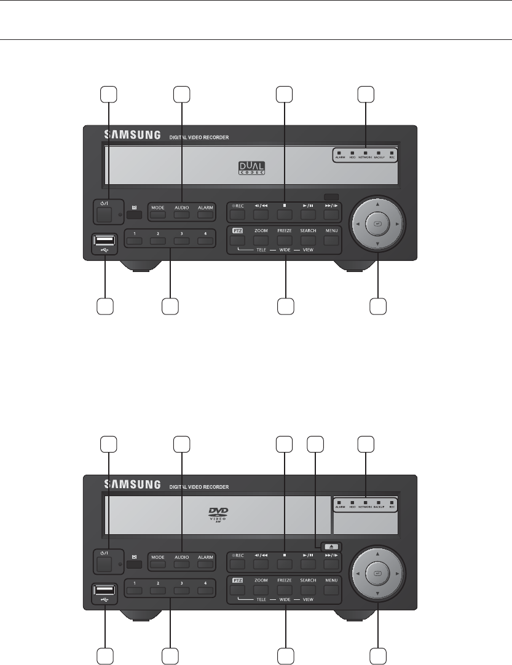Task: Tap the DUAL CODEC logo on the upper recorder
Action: tap(250, 168)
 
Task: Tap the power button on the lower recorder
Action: tap(104, 564)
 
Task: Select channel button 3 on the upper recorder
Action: tap(181, 241)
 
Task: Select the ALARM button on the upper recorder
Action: tap(205, 215)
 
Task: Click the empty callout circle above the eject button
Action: tap(315, 443)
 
